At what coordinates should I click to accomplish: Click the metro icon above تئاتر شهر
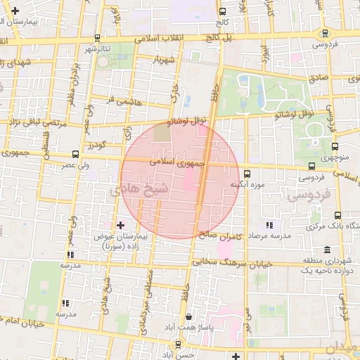click(96, 38)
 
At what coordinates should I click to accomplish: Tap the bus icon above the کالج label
click(223, 11)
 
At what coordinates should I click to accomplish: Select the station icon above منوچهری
click(335, 147)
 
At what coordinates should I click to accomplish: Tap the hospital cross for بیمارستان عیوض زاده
click(121, 225)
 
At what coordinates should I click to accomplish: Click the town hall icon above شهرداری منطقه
click(328, 250)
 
